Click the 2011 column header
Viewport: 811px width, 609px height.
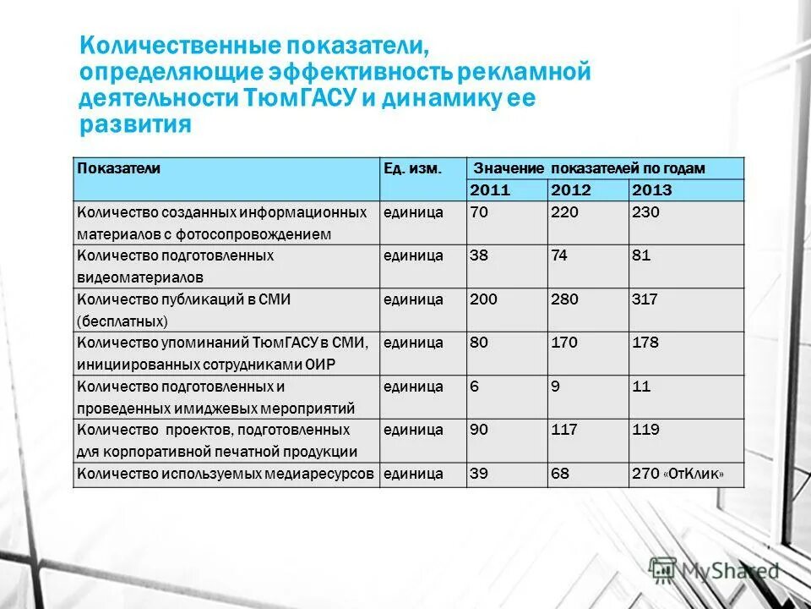tap(490, 190)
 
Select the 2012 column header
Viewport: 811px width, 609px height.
tap(571, 190)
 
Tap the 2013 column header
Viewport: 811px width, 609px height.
tap(652, 190)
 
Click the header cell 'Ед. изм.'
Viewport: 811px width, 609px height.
tap(411, 168)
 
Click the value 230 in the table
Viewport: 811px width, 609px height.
tap(645, 212)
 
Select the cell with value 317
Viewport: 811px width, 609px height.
tap(645, 299)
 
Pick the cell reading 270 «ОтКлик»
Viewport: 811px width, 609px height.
tap(678, 475)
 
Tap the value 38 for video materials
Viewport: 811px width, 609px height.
tap(478, 255)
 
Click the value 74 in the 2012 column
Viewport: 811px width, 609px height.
tap(559, 255)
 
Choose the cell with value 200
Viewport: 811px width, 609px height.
tap(483, 299)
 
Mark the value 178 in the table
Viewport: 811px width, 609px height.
tap(645, 343)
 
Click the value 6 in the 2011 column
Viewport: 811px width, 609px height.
tap(474, 387)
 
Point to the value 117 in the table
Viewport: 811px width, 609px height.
tap(564, 431)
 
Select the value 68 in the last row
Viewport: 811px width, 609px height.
tap(559, 475)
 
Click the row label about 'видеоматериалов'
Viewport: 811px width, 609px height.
tap(175, 266)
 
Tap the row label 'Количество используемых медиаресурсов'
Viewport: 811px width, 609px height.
tap(225, 475)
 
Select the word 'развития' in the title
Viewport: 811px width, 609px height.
tap(135, 124)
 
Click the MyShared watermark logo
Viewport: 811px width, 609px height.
tap(714, 572)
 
